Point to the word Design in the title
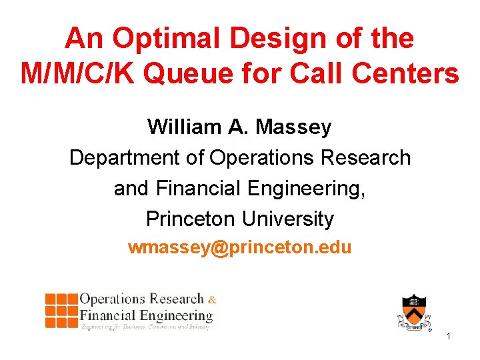265,39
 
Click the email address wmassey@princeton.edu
240,248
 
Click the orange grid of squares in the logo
61,310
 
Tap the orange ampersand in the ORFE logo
212,299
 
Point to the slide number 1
449,337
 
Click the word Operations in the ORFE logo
113,299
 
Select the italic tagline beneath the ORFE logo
145,327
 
